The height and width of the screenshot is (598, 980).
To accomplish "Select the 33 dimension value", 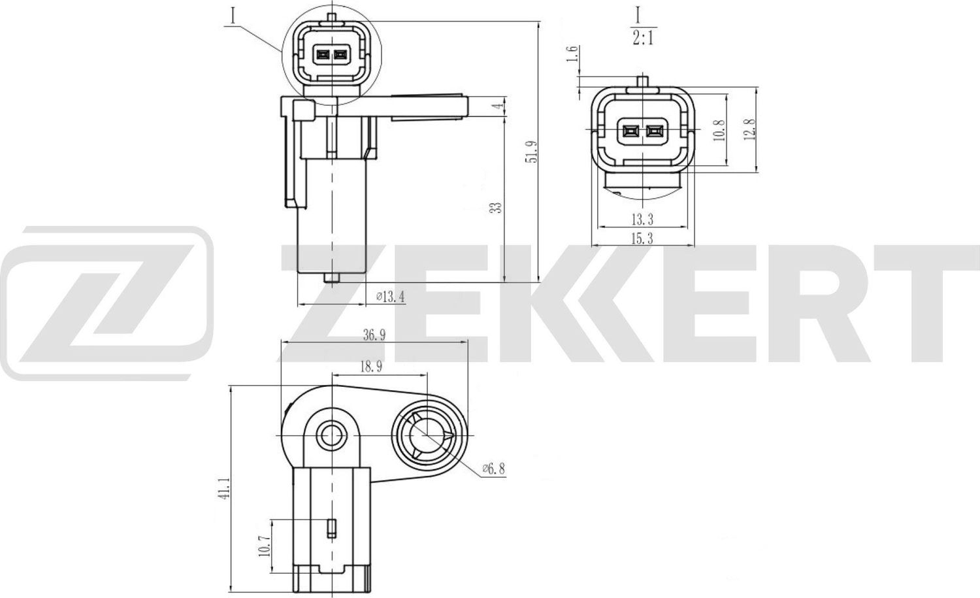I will click(497, 208).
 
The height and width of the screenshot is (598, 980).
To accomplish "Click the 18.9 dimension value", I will click(370, 367).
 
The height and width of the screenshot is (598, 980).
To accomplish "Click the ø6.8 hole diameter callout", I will click(493, 469).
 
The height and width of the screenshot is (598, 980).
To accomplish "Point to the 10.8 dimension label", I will click(719, 131).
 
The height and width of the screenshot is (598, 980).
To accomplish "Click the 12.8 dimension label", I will click(749, 129).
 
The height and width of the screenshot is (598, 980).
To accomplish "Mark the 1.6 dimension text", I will click(573, 54).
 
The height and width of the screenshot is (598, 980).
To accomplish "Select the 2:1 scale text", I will click(643, 39).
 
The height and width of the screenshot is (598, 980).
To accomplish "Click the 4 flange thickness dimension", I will click(498, 106).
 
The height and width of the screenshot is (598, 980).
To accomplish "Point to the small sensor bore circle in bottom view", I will click(332, 434).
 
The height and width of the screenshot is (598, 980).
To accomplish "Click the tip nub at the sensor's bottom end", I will click(332, 278).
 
